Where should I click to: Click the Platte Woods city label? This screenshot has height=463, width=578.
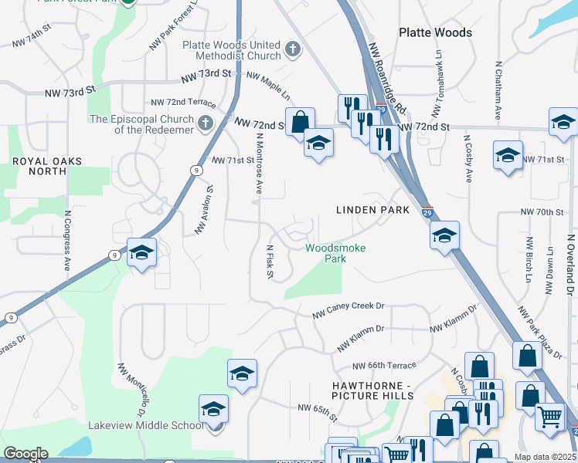pos(435,32)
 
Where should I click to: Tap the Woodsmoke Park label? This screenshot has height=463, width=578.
pos(335,253)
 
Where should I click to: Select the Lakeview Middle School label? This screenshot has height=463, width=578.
pos(156,425)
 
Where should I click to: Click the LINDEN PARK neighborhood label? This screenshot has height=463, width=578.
pos(366,210)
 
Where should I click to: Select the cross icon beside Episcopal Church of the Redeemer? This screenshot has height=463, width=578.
pos(204,123)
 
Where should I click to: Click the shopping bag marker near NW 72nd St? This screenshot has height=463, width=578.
pos(300,121)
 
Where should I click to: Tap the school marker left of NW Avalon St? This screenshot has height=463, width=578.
pos(142,253)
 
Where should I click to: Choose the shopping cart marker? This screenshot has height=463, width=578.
pos(549,417)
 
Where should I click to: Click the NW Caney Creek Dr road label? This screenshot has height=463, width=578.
pos(348,309)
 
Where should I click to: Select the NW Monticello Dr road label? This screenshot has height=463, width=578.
pos(132,386)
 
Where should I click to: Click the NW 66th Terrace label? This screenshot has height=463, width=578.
pos(384,366)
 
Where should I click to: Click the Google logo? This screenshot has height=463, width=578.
pos(25,454)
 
